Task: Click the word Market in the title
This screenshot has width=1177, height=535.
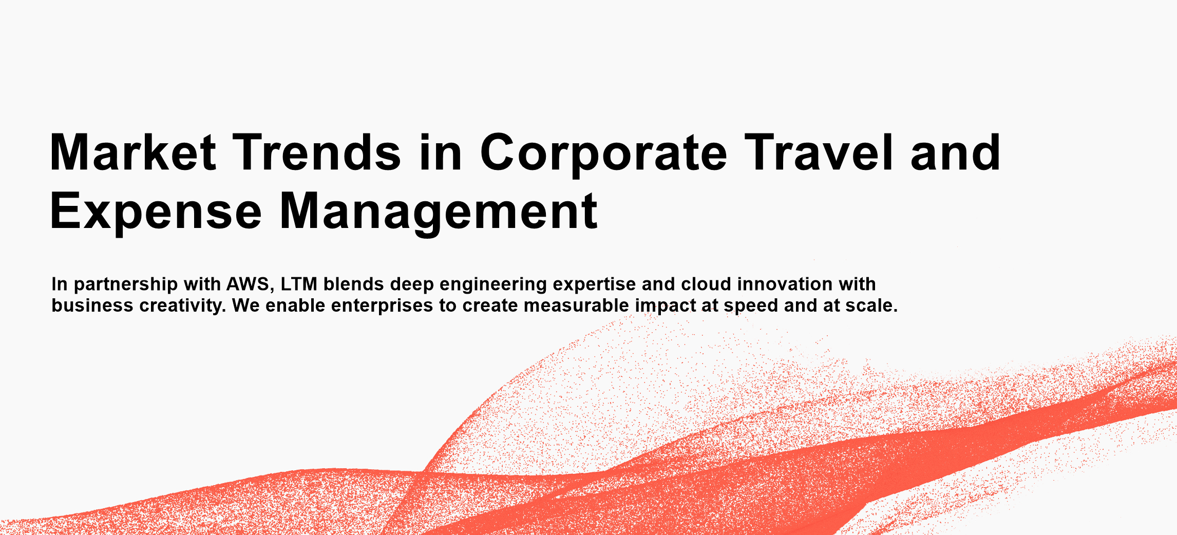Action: pyautogui.click(x=133, y=152)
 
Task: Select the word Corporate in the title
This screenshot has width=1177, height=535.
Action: pyautogui.click(x=603, y=154)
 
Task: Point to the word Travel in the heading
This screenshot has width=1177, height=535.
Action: pyautogui.click(x=819, y=152)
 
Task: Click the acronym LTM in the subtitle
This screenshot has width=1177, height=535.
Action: pyautogui.click(x=299, y=284)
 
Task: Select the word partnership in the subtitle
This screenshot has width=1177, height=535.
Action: pyautogui.click(x=126, y=285)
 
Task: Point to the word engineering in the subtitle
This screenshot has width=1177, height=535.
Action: pyautogui.click(x=493, y=285)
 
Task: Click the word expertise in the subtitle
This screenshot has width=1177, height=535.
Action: pyautogui.click(x=594, y=285)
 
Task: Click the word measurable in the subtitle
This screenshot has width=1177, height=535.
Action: pyautogui.click(x=576, y=305)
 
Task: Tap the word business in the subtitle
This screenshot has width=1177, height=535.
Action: pyautogui.click(x=92, y=305)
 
